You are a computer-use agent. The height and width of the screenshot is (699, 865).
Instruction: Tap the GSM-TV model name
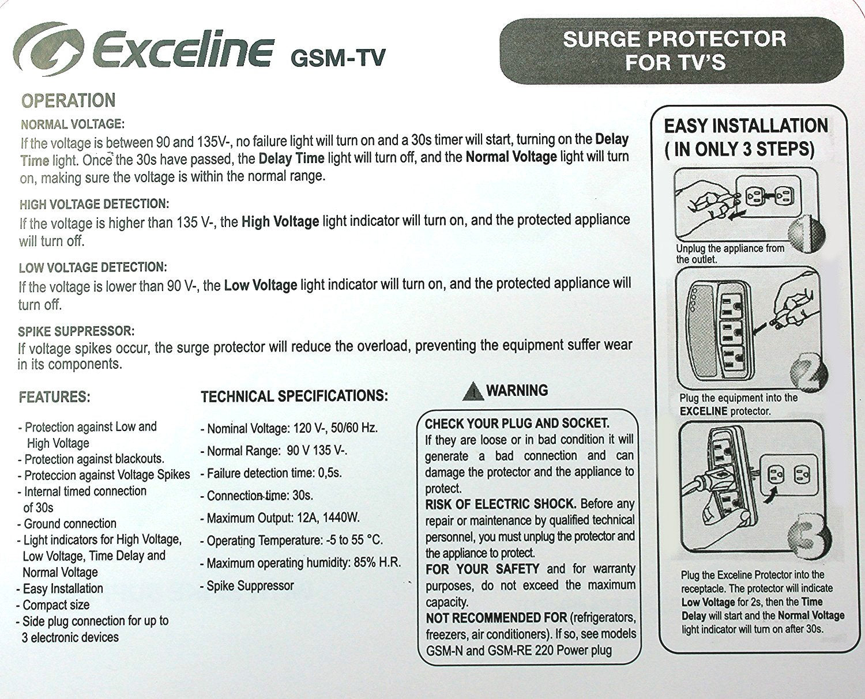[x=338, y=57]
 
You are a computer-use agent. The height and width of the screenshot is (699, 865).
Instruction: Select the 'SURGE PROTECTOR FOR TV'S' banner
[x=674, y=50]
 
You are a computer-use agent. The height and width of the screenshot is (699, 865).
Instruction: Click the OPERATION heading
[x=68, y=101]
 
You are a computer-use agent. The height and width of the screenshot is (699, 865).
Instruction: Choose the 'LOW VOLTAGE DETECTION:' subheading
[x=92, y=267]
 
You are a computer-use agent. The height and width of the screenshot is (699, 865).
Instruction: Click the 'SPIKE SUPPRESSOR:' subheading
[x=76, y=331]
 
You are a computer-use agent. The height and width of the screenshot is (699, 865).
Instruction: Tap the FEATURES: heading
[x=54, y=397]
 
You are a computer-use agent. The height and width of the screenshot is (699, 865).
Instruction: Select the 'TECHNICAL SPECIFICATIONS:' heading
[x=294, y=396]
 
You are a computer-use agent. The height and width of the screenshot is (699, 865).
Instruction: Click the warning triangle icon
[x=472, y=392]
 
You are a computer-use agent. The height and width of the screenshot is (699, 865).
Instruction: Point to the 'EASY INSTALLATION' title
[x=746, y=126]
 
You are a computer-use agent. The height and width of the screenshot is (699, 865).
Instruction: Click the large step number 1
[x=807, y=233]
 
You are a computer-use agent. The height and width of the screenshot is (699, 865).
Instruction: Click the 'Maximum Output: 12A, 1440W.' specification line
[x=283, y=518]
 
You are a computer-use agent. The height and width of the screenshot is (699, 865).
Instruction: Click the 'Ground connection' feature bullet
[x=69, y=524]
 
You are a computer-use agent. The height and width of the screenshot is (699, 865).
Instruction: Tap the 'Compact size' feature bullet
[x=55, y=605]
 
